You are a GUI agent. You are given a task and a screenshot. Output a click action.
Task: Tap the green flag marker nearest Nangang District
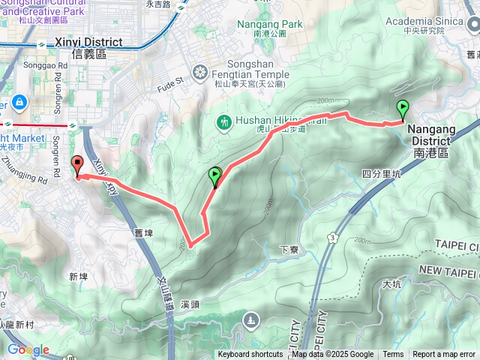(403, 110)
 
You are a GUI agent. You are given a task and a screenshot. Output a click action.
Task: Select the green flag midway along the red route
(215, 177)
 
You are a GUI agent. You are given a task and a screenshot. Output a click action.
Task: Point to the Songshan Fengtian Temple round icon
(199, 72)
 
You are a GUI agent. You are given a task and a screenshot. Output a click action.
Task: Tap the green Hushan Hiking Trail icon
(223, 122)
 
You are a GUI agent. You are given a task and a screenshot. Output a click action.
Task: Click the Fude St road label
(169, 80)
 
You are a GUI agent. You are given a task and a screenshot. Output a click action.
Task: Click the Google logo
(28, 350)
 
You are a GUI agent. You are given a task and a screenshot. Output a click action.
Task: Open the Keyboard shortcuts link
(250, 355)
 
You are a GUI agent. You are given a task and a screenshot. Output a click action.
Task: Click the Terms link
(393, 355)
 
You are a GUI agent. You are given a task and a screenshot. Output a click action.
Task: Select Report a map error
(445, 355)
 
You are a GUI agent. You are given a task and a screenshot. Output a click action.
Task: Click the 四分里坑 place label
(382, 174)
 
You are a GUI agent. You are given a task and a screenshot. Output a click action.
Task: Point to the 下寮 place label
(289, 250)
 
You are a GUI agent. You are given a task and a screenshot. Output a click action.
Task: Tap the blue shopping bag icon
(18, 101)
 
